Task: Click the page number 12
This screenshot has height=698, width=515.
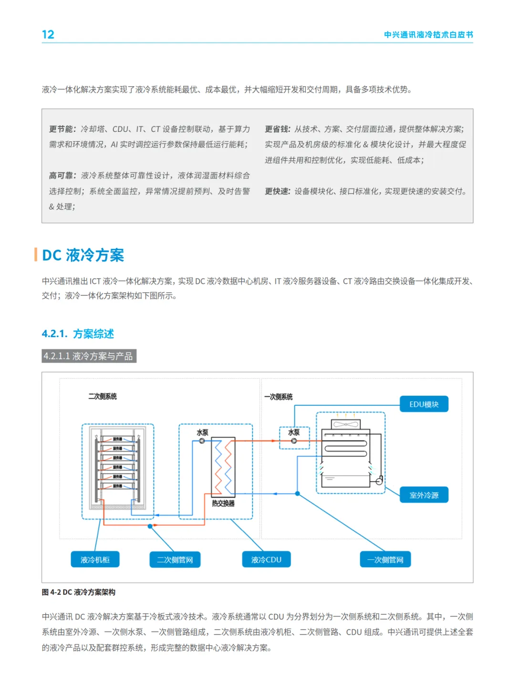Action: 48,35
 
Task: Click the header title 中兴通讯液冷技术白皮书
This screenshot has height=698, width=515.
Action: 428,35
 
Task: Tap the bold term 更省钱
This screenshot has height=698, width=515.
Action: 277,129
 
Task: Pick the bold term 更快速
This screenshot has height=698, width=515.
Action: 277,191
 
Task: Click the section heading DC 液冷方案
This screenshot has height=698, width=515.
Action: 83,255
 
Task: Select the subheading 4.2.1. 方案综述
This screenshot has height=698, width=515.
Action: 78,334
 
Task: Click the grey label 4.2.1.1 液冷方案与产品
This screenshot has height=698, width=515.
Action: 89,356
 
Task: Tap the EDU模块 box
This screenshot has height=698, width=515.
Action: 423,404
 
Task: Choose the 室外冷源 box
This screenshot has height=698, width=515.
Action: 423,495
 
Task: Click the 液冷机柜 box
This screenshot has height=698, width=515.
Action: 95,559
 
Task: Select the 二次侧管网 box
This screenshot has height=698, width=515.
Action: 175,559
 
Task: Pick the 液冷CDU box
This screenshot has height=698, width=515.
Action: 266,559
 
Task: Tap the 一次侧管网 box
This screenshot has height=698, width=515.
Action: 385,559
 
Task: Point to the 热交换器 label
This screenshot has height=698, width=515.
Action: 223,503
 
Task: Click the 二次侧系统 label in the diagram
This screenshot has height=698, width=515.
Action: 103,397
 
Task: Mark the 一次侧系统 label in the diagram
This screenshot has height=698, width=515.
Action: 278,397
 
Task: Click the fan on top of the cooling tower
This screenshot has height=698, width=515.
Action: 346,424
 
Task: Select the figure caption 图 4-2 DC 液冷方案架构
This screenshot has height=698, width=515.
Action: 79,592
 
